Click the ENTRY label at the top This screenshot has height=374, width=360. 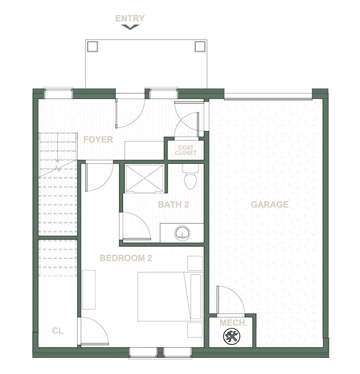pyautogui.click(x=130, y=18)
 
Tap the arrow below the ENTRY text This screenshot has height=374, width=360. pyautogui.click(x=130, y=27)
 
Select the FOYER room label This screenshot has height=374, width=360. pyautogui.click(x=98, y=140)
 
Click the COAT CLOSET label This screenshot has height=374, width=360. pyautogui.click(x=186, y=150)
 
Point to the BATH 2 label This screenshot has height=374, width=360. pyautogui.click(x=174, y=205)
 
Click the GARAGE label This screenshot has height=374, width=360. pyautogui.click(x=270, y=205)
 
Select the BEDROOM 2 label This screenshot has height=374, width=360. pyautogui.click(x=126, y=258)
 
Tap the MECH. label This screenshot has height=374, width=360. pyautogui.click(x=233, y=323)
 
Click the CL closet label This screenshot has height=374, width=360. pyautogui.click(x=58, y=331)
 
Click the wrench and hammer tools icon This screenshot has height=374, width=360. pyautogui.click(x=231, y=337)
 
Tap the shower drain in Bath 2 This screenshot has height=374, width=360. pyautogui.click(x=144, y=178)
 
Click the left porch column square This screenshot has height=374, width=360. pyautogui.click(x=92, y=46)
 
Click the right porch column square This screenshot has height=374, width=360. pyautogui.click(x=199, y=46)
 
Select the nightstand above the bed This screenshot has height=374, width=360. pyautogui.click(x=195, y=263)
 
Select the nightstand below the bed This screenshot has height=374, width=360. pyautogui.click(x=195, y=330)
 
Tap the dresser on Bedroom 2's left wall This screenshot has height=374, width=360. pyautogui.click(x=89, y=289)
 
